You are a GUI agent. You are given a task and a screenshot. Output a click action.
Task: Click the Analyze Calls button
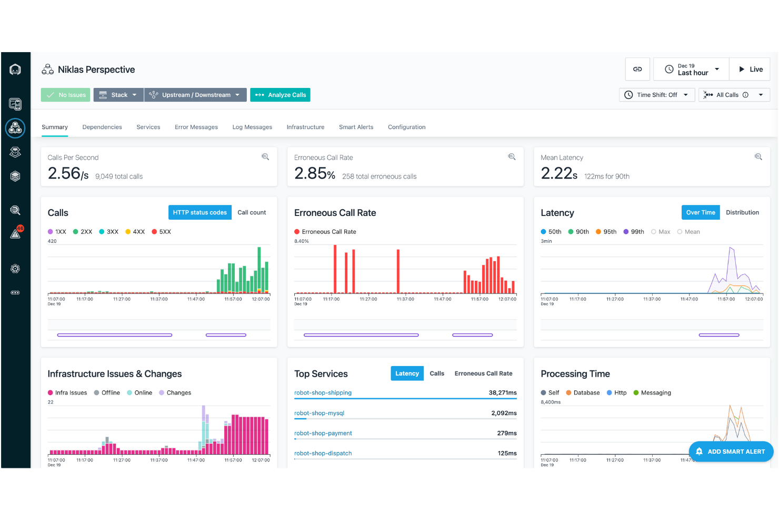tap(280, 95)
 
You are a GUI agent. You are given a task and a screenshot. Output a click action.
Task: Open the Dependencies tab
tap(102, 127)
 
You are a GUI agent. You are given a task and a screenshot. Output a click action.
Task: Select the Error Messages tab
tap(196, 127)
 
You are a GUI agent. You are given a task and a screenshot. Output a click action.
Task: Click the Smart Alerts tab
tap(356, 127)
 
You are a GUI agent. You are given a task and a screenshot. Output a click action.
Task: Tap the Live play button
tap(750, 69)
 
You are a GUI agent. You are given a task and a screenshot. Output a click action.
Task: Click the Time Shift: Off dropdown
tap(656, 95)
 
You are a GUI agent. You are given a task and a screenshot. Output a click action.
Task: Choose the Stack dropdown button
tap(118, 95)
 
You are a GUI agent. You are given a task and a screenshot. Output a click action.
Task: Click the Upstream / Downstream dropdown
tap(195, 95)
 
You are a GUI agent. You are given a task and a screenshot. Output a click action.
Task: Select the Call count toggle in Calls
tap(252, 212)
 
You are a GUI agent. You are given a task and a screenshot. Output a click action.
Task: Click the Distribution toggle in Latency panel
tap(742, 212)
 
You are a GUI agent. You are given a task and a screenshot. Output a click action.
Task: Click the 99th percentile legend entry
tap(634, 232)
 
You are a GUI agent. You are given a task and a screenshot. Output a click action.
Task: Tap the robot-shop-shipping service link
tap(323, 393)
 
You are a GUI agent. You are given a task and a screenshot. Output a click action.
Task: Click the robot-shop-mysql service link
tap(319, 413)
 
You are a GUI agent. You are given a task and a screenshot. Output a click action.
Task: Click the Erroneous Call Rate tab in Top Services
tap(483, 374)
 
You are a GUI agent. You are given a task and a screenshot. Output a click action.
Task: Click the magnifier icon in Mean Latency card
tap(758, 157)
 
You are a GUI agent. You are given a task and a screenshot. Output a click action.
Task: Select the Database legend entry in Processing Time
tap(583, 393)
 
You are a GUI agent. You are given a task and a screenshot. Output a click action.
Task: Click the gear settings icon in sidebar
tap(15, 269)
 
